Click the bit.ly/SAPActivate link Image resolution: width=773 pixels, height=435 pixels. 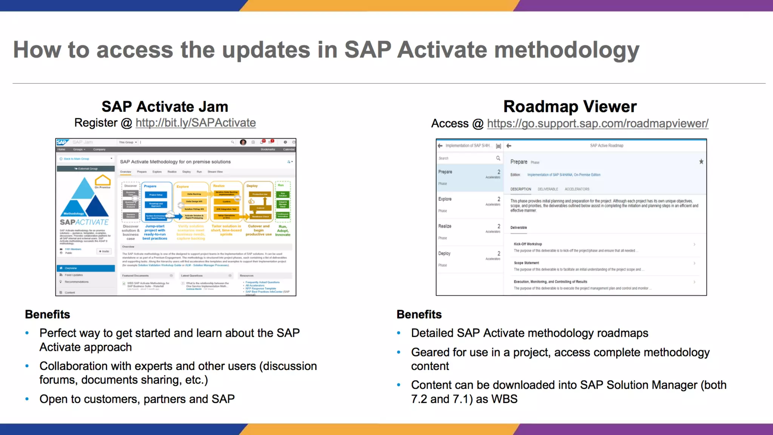pyautogui.click(x=196, y=123)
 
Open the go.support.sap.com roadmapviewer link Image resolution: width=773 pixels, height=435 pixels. pyautogui.click(x=597, y=123)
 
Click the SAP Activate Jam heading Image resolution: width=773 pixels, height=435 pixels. pyautogui.click(x=165, y=106)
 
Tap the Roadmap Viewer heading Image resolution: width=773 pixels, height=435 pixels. pyautogui.click(x=570, y=106)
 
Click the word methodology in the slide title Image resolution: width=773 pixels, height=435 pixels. pyautogui.click(x=566, y=50)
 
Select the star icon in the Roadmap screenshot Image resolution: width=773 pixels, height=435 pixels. pyautogui.click(x=701, y=162)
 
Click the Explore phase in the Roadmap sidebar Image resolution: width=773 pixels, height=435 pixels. pyautogui.click(x=445, y=199)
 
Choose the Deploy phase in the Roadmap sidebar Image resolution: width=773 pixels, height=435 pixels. pyautogui.click(x=444, y=253)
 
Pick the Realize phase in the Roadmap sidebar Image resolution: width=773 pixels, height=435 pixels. pyautogui.click(x=445, y=226)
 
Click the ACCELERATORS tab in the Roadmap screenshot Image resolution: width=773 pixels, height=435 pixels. pyautogui.click(x=577, y=189)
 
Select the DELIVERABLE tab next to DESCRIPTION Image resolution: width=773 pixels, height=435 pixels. pyautogui.click(x=548, y=189)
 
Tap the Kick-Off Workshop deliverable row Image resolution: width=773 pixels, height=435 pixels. pyautogui.click(x=604, y=247)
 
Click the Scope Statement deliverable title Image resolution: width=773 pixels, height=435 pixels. pyautogui.click(x=526, y=263)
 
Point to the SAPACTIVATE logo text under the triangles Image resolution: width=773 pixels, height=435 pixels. pyautogui.click(x=84, y=222)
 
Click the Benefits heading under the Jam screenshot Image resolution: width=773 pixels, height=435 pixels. pyautogui.click(x=48, y=314)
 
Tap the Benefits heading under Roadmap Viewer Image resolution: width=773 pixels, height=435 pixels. pyautogui.click(x=419, y=314)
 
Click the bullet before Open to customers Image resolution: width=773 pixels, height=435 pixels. pyautogui.click(x=27, y=399)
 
